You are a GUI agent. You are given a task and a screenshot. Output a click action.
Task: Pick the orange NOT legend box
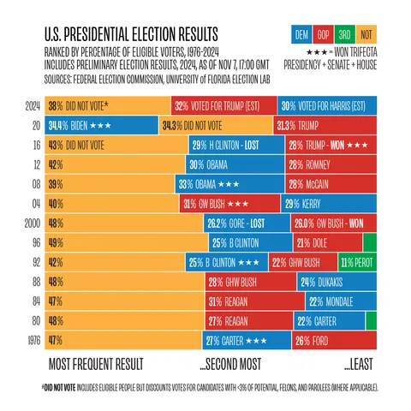pyautogui.click(x=367, y=36)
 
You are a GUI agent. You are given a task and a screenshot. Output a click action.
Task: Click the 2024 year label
pyautogui.click(x=33, y=108)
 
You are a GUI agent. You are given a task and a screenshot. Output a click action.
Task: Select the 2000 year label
pyautogui.click(x=33, y=223)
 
